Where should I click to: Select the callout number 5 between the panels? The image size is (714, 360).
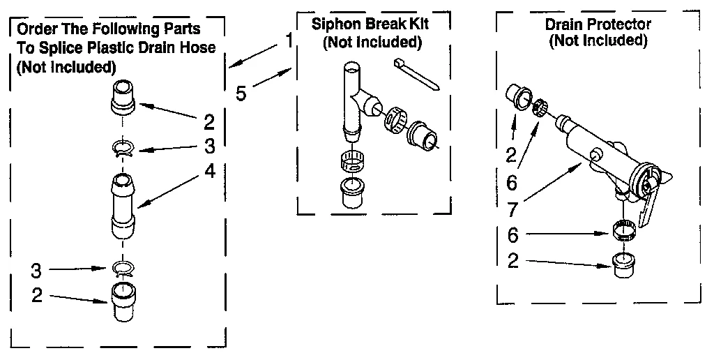[241, 93]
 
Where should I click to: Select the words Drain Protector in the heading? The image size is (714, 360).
[598, 24]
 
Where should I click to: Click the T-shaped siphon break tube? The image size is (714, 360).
[354, 98]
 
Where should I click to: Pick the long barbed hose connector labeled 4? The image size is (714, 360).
[123, 206]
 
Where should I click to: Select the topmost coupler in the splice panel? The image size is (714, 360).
[123, 100]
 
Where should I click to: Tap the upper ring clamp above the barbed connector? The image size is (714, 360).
[123, 149]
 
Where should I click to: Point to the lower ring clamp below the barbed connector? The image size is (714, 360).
[123, 268]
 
